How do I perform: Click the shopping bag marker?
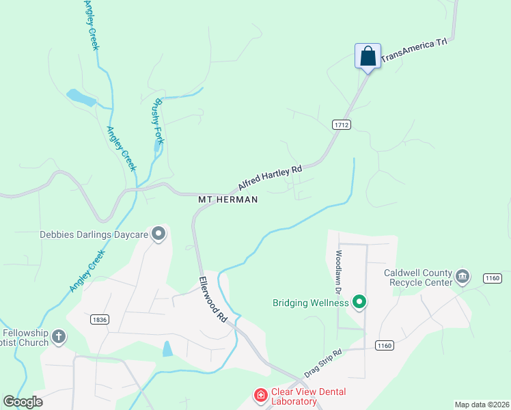368,55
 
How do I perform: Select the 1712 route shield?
342,124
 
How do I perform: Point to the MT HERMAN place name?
228,200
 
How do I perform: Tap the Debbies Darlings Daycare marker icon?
159,234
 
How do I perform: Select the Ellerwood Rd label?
213,299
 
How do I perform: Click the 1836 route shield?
100,318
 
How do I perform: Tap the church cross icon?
59,336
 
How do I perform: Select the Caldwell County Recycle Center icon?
462,276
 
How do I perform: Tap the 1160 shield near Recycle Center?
493,278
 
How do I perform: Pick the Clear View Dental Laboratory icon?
260,395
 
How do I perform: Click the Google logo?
23,402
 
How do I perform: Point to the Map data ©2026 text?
482,405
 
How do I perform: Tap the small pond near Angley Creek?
81,98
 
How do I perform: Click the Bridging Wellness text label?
311,303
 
